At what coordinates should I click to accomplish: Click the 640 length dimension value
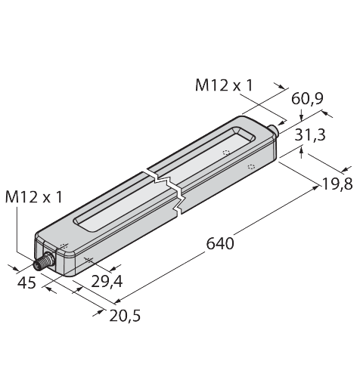tap(220, 244)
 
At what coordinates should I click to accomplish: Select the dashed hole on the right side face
tap(251, 165)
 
